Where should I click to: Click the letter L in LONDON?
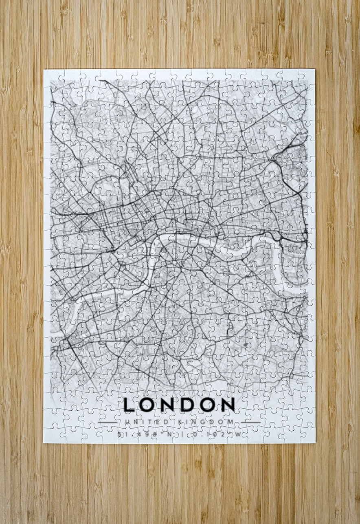pyautogui.click(x=129, y=405)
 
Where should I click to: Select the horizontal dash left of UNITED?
pyautogui.click(x=108, y=422)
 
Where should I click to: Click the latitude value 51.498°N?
pyautogui.click(x=144, y=434)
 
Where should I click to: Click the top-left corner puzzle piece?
pyautogui.click(x=52, y=77)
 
